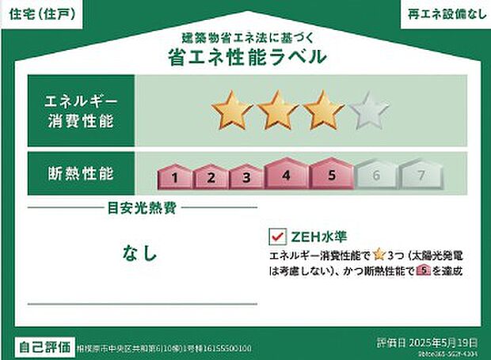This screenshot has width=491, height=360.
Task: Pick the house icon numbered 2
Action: (x=211, y=177)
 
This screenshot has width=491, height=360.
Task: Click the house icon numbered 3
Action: (x=246, y=177)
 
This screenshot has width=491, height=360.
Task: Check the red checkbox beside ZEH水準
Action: (x=277, y=237)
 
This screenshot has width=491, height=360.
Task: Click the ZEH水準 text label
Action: (x=318, y=237)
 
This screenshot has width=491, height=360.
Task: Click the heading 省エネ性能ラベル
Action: (x=246, y=56)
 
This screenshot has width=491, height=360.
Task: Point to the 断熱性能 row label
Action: (x=81, y=172)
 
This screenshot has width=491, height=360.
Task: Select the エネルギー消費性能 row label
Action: (x=81, y=111)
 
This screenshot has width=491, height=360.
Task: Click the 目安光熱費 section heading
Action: (x=143, y=209)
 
